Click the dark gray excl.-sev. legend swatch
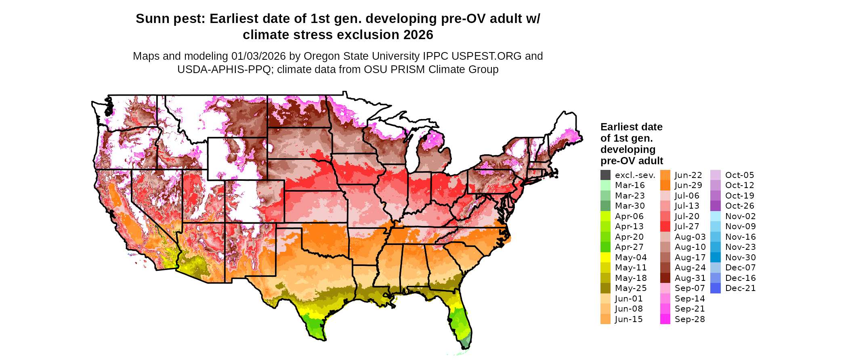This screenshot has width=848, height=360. click(605, 175)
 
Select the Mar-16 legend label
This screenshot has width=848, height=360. click(630, 185)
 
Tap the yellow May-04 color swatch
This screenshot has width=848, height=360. click(605, 257)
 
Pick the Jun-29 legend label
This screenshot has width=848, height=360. click(688, 185)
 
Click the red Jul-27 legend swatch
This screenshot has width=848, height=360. click(665, 226)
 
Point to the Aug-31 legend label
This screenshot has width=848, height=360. click(690, 278)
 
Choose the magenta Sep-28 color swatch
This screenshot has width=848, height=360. click(665, 319)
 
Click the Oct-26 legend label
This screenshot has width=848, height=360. click(740, 206)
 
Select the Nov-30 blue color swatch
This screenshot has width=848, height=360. click(715, 257)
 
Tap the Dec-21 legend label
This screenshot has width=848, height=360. click(740, 288)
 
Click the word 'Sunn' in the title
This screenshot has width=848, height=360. click(151, 19)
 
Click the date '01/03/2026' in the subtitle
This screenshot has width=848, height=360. click(258, 56)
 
